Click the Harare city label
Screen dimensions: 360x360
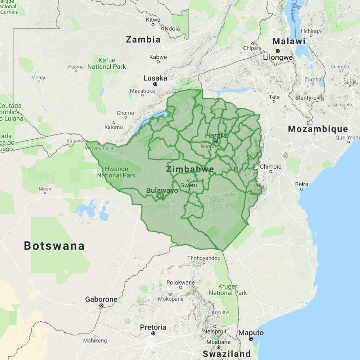click(216, 135)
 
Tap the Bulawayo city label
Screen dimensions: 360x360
click(162, 190)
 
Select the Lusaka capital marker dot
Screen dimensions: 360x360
click(155, 84)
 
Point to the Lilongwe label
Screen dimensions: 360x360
click(278, 57)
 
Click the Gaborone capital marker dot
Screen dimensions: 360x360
click(102, 305)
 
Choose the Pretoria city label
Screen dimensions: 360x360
click(153, 327)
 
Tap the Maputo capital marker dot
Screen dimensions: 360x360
click(251, 339)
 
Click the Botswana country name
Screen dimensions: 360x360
click(54, 245)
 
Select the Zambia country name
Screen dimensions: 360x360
click(143, 40)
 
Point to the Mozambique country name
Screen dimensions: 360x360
click(318, 129)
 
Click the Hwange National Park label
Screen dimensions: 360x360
click(116, 172)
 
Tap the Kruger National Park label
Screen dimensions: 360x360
click(228, 290)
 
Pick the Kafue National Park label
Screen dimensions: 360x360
click(107, 64)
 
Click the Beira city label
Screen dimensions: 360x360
click(302, 184)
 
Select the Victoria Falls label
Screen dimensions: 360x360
click(98, 148)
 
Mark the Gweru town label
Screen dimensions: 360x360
click(188, 185)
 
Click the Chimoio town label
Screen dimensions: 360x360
click(271, 167)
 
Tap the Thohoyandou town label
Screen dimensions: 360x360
click(204, 258)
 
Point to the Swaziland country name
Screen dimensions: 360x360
click(227, 354)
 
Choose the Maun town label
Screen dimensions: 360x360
click(45, 189)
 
